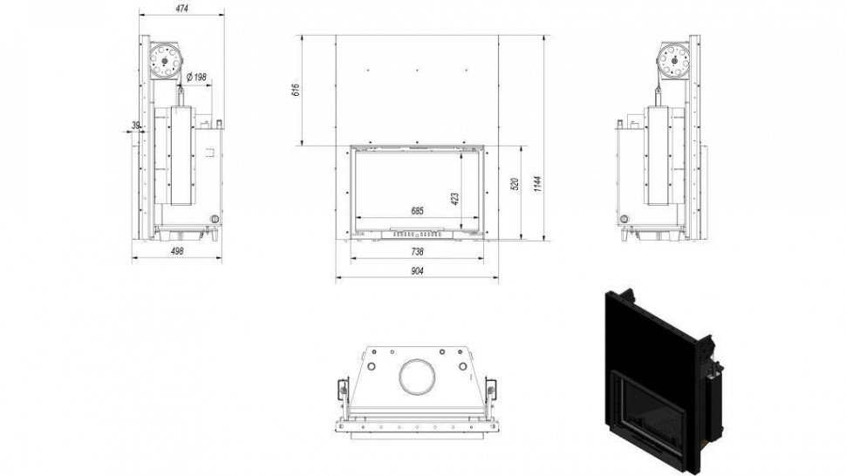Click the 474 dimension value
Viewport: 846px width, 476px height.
point(181,9)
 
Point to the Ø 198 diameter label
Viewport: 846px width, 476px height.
point(196,77)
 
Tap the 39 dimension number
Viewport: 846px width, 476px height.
point(136,125)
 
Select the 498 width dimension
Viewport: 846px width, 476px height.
point(177,251)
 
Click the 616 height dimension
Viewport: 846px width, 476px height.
point(295,90)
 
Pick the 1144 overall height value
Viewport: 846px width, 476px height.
point(537,183)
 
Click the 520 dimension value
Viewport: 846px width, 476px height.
point(515,184)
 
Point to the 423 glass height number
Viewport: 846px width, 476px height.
point(454,200)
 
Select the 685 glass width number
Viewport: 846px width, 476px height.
point(417,211)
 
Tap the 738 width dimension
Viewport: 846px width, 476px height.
point(417,251)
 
